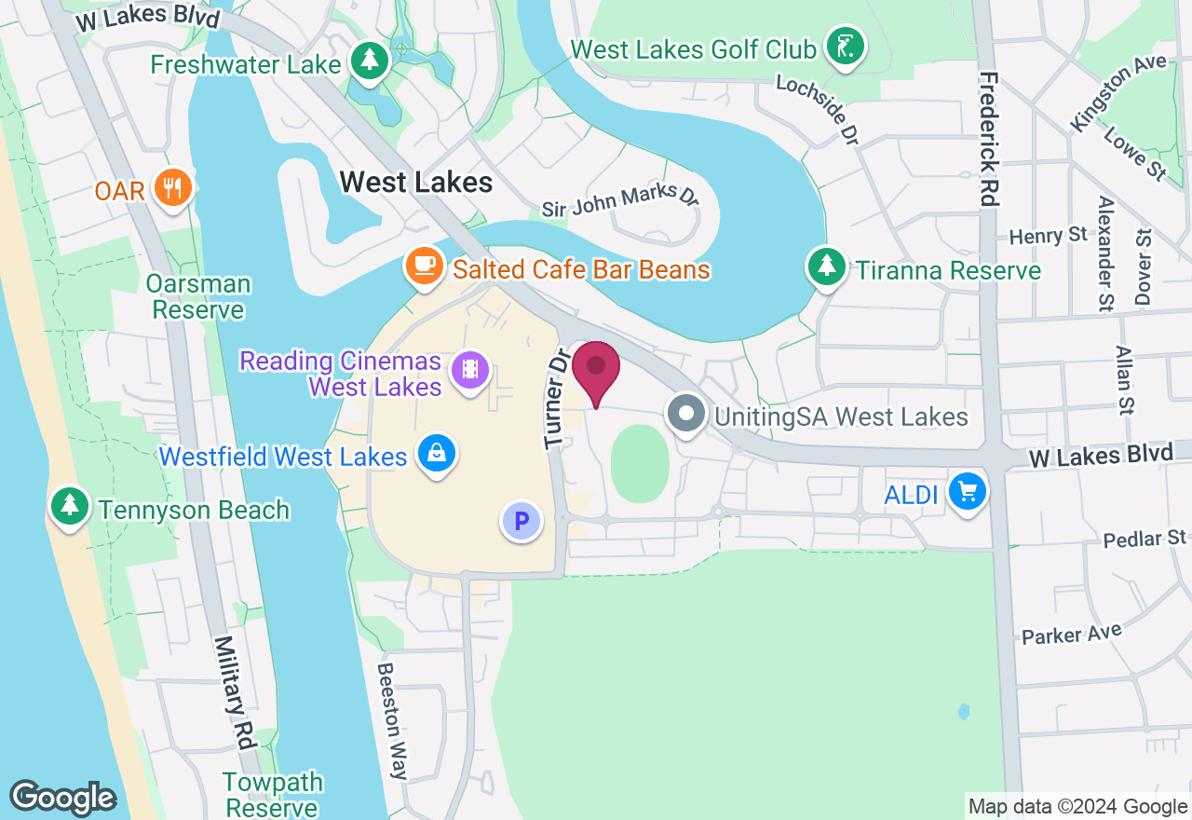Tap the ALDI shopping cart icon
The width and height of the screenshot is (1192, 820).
(x=968, y=490)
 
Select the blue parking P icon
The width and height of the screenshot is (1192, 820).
(x=521, y=521)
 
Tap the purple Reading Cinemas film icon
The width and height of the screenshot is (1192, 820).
(x=470, y=370)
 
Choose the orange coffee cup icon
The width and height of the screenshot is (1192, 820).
(x=425, y=266)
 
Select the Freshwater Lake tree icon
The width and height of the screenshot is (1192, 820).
(x=370, y=61)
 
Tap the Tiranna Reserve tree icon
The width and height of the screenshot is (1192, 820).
(x=825, y=267)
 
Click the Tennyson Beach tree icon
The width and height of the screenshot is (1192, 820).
(x=68, y=506)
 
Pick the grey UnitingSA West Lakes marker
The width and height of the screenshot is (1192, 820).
(x=687, y=414)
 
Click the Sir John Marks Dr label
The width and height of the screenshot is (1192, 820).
(x=620, y=199)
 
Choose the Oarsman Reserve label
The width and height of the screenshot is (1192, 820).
(x=198, y=296)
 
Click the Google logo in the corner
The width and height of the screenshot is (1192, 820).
(x=62, y=798)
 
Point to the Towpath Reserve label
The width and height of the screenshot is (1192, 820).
(x=272, y=794)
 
